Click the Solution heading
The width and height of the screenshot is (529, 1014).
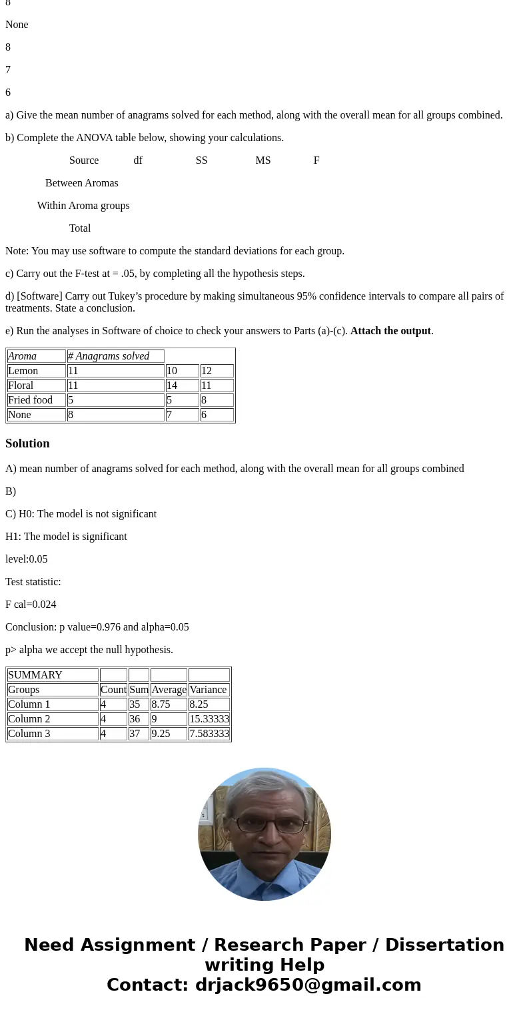coord(27,443)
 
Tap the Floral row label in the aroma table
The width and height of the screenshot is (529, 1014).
coord(21,385)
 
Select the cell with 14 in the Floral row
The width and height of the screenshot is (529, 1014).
coord(182,385)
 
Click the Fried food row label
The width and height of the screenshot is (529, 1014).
coord(30,400)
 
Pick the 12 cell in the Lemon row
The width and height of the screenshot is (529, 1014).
coord(216,371)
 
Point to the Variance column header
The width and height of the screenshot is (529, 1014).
coord(209,690)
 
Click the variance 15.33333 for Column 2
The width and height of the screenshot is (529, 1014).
coord(209,719)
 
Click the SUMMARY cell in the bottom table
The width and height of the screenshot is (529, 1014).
coord(35,675)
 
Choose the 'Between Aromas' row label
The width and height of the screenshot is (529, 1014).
coord(81,183)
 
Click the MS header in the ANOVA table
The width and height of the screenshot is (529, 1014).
coord(263,160)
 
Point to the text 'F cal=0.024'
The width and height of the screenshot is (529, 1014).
coord(31,605)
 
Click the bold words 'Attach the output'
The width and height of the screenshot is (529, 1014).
coord(390,331)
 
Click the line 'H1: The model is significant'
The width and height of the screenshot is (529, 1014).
coord(66,537)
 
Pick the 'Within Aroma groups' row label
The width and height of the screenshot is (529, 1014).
coord(83,206)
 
